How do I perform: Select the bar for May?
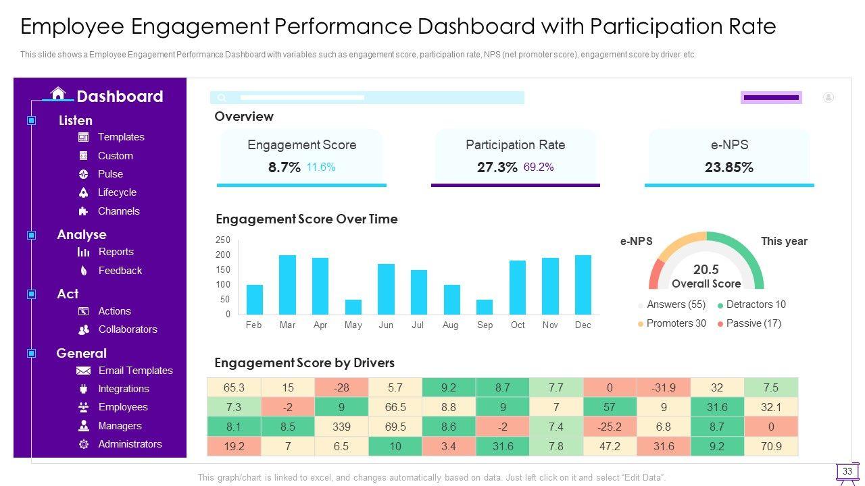353,307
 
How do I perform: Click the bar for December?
583,285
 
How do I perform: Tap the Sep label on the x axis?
485,325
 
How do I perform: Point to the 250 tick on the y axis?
223,240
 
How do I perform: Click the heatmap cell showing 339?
341,427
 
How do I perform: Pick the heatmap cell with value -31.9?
663,387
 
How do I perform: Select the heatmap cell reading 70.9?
770,446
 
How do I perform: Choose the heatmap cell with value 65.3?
234,387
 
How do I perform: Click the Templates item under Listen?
121,137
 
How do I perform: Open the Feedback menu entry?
120,271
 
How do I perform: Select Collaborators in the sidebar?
128,329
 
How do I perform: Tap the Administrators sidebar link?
130,444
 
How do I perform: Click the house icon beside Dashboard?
58,94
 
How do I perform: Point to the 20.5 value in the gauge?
706,269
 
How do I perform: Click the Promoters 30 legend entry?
676,323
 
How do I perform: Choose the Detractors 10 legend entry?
756,304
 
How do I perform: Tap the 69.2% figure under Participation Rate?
539,167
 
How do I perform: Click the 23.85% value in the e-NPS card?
728,167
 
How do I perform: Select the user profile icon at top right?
829,97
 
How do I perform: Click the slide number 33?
847,471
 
